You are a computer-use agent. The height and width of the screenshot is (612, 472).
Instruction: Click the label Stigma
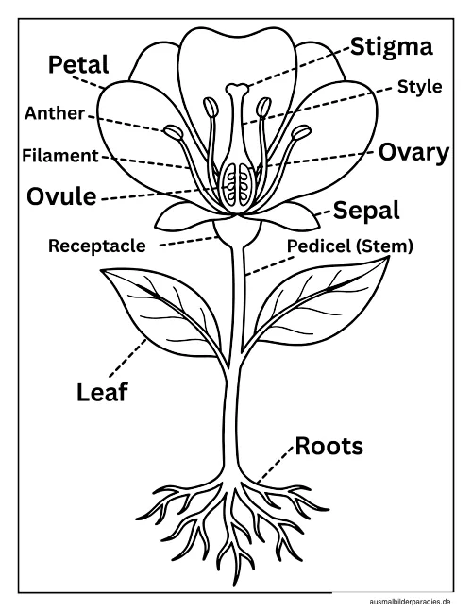[x=391, y=48]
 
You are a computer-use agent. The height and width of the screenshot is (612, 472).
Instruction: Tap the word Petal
[x=78, y=64]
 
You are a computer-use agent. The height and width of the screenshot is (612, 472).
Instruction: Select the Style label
[x=420, y=87]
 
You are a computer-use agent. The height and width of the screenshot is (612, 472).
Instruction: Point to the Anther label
[x=54, y=113]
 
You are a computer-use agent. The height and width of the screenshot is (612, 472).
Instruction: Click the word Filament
[x=60, y=155]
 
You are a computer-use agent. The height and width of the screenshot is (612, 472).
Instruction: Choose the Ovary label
[x=413, y=153]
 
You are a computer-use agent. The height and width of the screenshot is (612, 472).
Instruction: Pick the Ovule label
[x=61, y=195]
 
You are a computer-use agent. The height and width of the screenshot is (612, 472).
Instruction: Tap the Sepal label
[x=366, y=211]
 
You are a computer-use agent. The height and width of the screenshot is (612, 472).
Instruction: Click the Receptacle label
[x=97, y=246]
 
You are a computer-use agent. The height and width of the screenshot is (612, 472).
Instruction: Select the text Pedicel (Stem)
[x=350, y=246]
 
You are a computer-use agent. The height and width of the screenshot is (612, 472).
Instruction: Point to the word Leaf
[x=102, y=392]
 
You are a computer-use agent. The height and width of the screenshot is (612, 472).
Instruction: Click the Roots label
[x=329, y=446]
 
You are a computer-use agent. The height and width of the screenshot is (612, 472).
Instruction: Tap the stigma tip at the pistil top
[x=237, y=89]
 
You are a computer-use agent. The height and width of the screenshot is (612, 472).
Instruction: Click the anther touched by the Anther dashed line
[x=173, y=132]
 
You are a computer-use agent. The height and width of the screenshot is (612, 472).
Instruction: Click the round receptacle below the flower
[x=237, y=231]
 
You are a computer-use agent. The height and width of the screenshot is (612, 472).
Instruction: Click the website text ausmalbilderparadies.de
[x=410, y=602]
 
